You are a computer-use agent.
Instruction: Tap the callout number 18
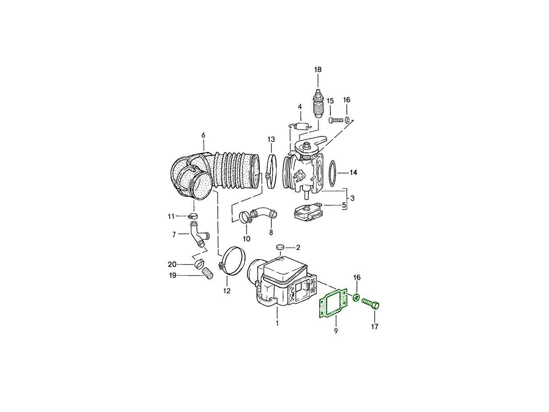pos(318,70)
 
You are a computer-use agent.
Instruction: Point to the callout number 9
pos(336,331)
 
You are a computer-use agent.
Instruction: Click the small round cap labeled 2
pos(280,247)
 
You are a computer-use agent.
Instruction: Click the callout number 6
pos(203,136)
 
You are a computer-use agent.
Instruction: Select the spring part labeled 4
pos(300,127)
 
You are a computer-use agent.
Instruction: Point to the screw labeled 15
pos(335,120)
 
